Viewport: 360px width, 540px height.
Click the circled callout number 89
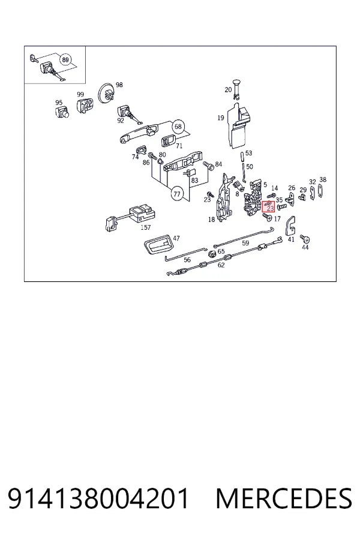(65, 59)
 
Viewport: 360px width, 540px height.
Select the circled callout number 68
(178, 127)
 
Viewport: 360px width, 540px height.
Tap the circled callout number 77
(177, 194)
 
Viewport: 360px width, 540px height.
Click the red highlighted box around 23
(268, 206)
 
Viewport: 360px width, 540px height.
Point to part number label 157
(146, 227)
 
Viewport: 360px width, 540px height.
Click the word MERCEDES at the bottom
(284, 499)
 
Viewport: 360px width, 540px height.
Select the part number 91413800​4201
(98, 499)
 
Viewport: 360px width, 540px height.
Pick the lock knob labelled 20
(236, 88)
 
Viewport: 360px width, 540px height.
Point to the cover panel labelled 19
(238, 126)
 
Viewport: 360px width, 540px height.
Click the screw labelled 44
(305, 239)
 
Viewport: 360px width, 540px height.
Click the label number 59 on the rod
(245, 243)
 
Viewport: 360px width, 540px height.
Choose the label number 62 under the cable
(221, 265)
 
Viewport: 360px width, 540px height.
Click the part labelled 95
(62, 112)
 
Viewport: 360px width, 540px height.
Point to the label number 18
(212, 220)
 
